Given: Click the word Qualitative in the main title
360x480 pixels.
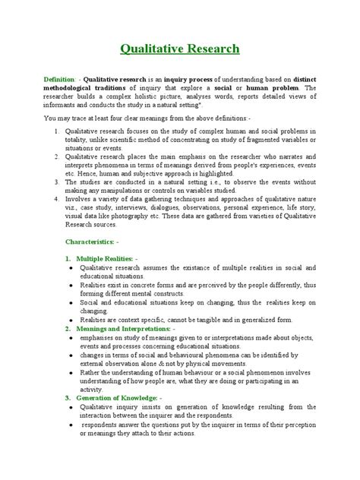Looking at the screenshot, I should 150,50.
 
